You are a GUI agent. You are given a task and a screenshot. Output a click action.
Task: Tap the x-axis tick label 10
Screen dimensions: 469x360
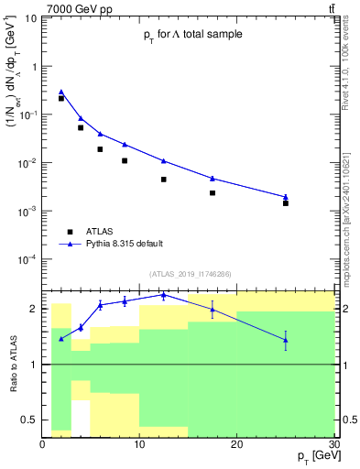click(139, 443)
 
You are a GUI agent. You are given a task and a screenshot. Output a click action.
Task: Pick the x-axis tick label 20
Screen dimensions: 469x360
click(236, 443)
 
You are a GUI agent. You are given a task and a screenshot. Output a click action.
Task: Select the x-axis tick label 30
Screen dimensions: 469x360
click(333, 443)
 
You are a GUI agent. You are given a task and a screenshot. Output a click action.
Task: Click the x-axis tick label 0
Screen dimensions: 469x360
click(43, 443)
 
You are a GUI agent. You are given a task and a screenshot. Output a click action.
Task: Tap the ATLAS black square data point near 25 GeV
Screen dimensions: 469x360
click(285, 203)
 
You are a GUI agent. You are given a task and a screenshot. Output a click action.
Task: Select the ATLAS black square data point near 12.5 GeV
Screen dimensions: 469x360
click(164, 180)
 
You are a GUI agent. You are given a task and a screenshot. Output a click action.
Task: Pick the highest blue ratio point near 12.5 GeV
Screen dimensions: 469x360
click(164, 295)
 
